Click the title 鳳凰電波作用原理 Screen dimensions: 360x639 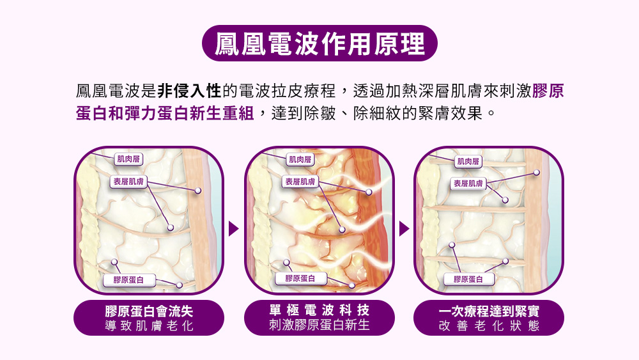(x=319, y=43)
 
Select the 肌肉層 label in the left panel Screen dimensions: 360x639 (x=128, y=158)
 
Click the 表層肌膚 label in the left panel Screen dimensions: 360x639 (x=128, y=182)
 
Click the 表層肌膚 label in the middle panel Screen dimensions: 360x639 (x=300, y=182)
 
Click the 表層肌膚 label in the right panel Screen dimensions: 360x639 (x=468, y=184)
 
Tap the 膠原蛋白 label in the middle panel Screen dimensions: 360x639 (x=300, y=278)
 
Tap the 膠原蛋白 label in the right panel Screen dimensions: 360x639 (x=469, y=279)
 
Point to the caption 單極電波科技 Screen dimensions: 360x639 (x=319, y=310)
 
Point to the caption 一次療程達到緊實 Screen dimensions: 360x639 (x=489, y=311)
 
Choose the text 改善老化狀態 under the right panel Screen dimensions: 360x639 (x=489, y=326)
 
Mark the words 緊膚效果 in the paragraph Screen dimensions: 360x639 (x=452, y=114)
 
